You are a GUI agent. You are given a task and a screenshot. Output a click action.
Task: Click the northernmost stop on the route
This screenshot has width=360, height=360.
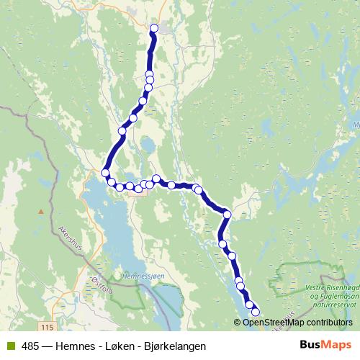coord(153,29)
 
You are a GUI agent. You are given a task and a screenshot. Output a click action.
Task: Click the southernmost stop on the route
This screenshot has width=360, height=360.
coord(255,312)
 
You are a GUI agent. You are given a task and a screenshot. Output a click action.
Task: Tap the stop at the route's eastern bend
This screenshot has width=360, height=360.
coord(227,214)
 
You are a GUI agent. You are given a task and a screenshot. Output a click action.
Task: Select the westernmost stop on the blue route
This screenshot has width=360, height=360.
coord(106,173)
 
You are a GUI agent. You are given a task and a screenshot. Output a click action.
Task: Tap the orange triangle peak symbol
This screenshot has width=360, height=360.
coord(42,212)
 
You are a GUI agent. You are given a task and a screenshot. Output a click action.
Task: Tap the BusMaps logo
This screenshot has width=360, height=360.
coord(325,345)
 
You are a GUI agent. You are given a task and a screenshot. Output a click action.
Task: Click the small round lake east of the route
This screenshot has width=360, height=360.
coord(147,146)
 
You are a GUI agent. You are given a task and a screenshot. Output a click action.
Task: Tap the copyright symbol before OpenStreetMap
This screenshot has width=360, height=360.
coord(238,323)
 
